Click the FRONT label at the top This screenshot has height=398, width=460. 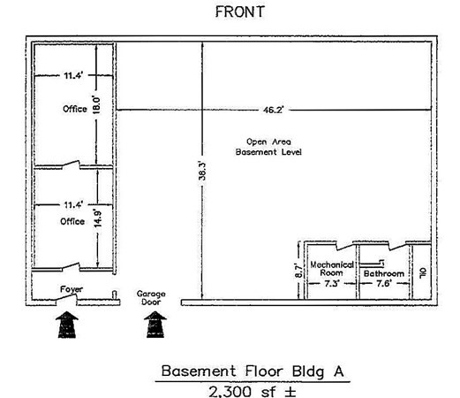click(240, 12)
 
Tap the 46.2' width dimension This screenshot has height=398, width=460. click(273, 110)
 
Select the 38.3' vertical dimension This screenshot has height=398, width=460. click(202, 171)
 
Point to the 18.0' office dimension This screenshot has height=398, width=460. click(96, 104)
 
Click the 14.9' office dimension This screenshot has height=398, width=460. click(98, 218)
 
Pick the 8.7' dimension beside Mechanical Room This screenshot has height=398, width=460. click(298, 271)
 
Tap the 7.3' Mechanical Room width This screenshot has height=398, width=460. click(332, 284)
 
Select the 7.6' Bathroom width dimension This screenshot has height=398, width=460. click(384, 284)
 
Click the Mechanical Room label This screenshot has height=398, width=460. click(332, 269)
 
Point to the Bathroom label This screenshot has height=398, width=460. click(384, 273)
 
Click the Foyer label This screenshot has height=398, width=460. click(72, 289)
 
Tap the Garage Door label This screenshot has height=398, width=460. click(151, 298)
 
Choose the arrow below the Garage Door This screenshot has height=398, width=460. click(155, 325)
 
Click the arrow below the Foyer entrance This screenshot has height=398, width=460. click(67, 325)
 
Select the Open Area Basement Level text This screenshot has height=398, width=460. click(268, 147)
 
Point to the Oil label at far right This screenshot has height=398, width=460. click(422, 272)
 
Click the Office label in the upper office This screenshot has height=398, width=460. click(75, 109)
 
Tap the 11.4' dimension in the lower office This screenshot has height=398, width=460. click(73, 204)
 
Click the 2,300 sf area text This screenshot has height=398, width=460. click(252, 392)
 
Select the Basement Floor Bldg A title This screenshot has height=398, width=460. click(253, 371)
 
